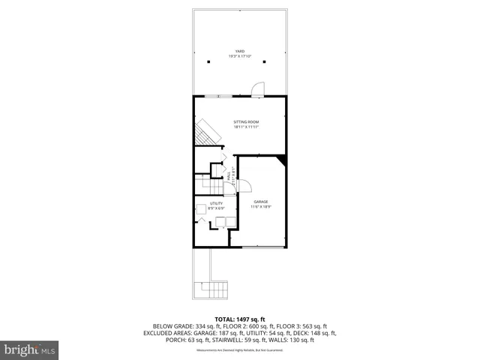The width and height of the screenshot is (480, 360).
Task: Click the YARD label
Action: [x=240, y=52]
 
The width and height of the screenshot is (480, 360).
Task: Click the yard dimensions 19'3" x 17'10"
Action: [x=240, y=57]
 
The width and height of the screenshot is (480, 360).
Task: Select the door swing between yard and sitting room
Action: [x=257, y=89]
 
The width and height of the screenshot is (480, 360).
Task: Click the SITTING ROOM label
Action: [x=245, y=122]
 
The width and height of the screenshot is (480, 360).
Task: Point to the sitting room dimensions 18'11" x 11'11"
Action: [x=245, y=127]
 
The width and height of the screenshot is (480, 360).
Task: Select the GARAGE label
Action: [x=260, y=202]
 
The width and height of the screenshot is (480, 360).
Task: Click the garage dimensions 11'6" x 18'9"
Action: [x=260, y=207]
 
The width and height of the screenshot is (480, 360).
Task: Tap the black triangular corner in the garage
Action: [x=282, y=160]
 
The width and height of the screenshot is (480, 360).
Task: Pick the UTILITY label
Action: [x=216, y=203]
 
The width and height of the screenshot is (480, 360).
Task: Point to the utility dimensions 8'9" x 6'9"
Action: [x=216, y=208]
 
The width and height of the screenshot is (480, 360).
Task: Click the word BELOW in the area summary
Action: [x=161, y=326]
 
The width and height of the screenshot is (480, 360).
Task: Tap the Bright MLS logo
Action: [x=29, y=349]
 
